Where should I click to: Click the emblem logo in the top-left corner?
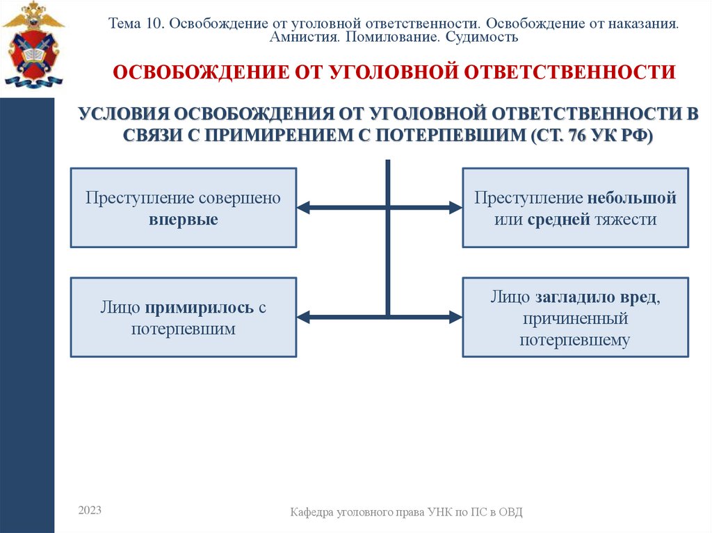33,44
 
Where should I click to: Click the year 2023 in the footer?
90,511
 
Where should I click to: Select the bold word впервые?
183,220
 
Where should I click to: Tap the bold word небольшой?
631,198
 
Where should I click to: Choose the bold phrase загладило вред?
597,297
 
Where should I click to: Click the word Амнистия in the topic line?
304,37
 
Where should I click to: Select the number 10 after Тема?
153,23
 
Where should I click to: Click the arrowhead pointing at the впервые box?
303,208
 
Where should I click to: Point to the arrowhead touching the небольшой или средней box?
455,208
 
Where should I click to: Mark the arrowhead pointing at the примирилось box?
303,318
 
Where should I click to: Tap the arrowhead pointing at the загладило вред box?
455,318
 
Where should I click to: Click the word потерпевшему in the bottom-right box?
575,341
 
